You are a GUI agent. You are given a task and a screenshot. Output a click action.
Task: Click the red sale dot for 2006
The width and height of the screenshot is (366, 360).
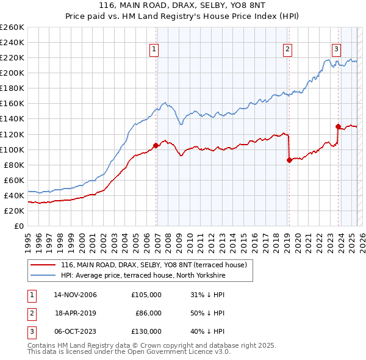pos(156,145)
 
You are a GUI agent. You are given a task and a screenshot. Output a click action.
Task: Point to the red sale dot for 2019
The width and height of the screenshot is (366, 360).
pos(289,160)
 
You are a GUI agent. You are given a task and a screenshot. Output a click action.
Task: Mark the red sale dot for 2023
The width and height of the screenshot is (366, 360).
pos(337,126)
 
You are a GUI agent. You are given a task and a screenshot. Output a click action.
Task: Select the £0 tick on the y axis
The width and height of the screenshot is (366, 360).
pos(20,226)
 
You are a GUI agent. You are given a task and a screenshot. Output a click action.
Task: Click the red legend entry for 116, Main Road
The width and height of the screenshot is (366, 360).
pos(153,265)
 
